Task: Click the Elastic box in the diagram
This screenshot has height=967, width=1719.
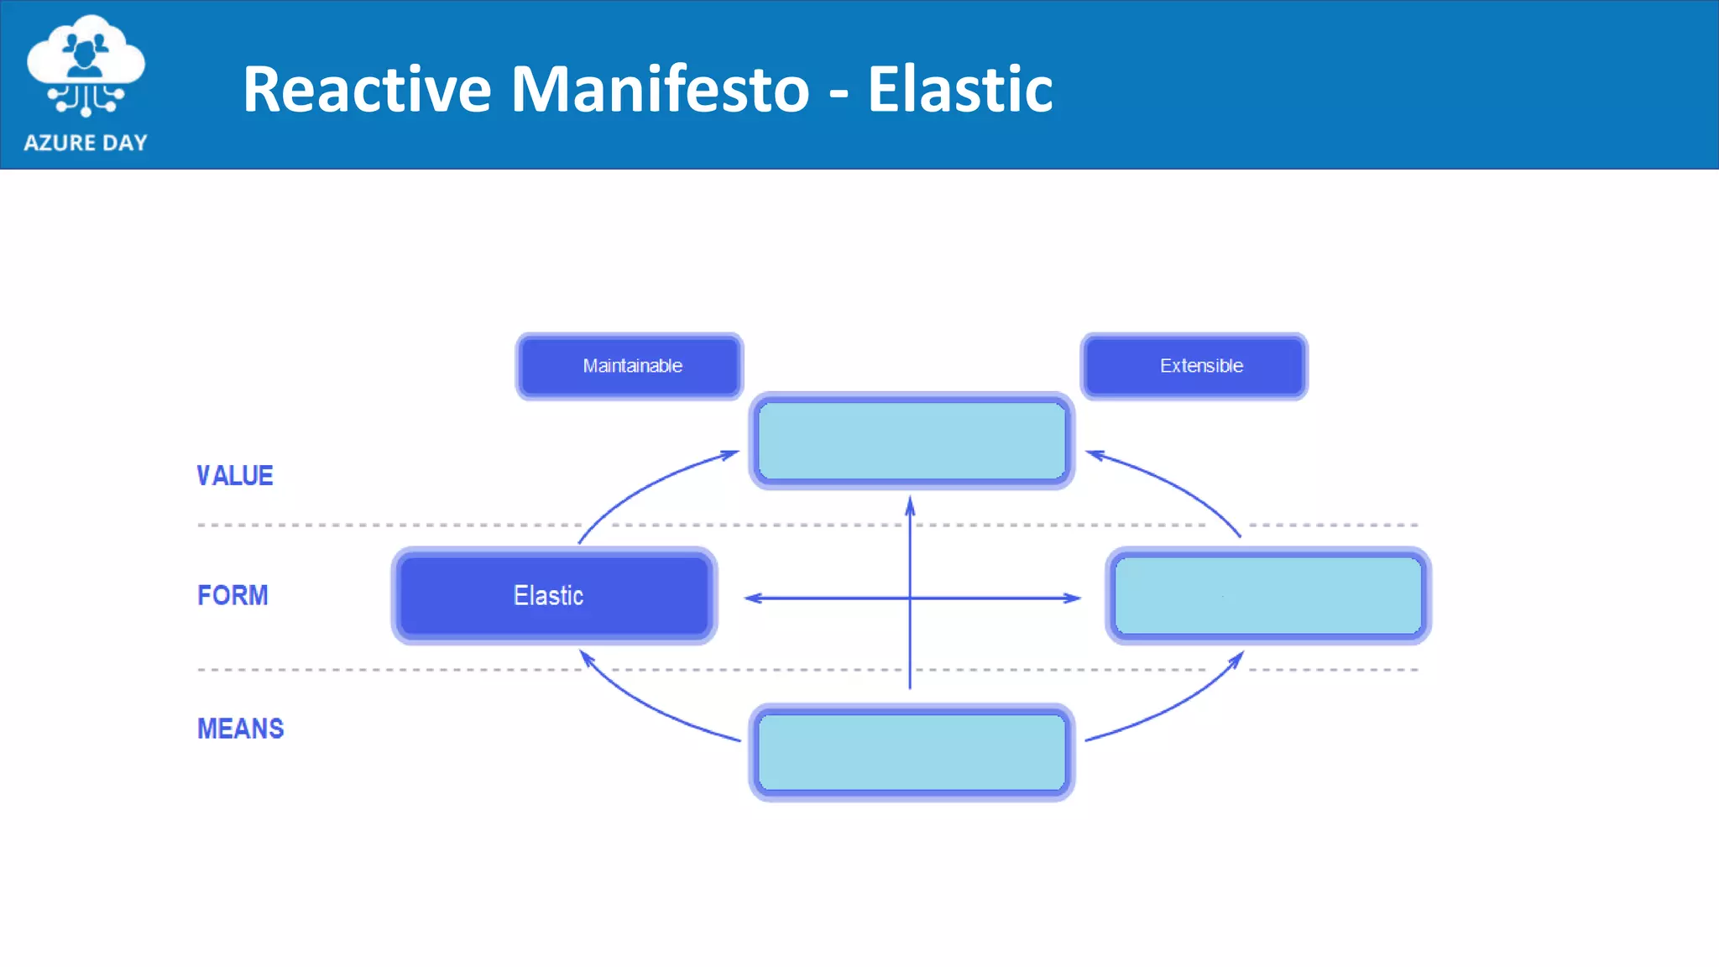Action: coord(554,596)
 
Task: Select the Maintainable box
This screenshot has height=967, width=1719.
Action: coord(630,366)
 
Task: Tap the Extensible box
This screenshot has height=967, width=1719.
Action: coord(1194,366)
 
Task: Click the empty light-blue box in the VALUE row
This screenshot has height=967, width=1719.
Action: coord(912,441)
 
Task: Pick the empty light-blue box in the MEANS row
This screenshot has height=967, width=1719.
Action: coord(912,752)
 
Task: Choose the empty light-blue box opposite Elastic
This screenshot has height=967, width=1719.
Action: coord(1267,596)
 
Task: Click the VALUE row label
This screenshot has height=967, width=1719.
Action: coord(235,476)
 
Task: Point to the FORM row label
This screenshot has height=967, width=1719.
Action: coord(233,595)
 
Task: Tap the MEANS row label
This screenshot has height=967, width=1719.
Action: coord(240,729)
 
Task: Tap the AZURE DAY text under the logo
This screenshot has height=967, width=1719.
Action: coord(86,143)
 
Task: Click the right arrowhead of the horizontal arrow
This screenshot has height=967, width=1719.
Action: coord(1072,598)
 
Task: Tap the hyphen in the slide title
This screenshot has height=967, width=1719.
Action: coord(839,94)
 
